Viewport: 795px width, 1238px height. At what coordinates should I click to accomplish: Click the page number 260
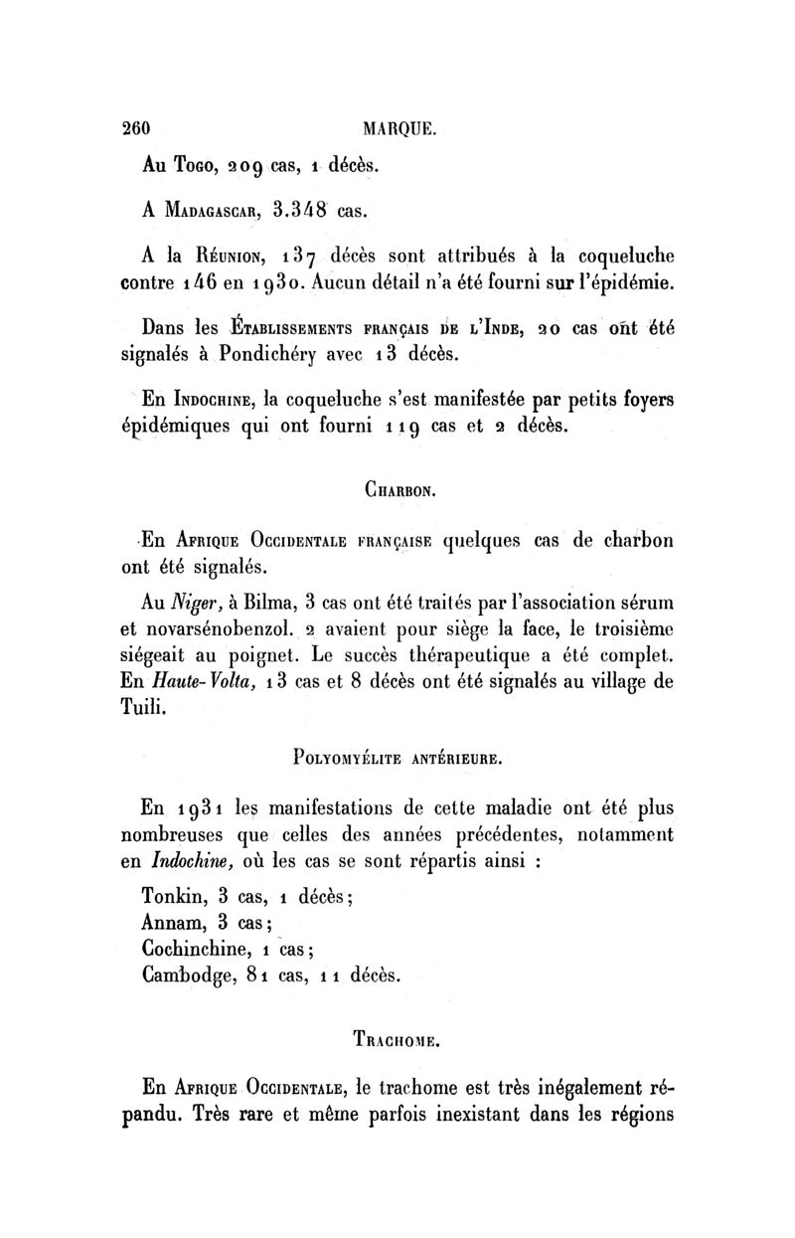[134, 128]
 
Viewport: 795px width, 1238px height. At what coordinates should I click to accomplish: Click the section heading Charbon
[397, 489]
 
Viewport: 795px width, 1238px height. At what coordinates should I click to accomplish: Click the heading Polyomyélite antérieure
[397, 763]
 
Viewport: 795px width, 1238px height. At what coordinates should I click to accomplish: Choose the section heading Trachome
[396, 1042]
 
